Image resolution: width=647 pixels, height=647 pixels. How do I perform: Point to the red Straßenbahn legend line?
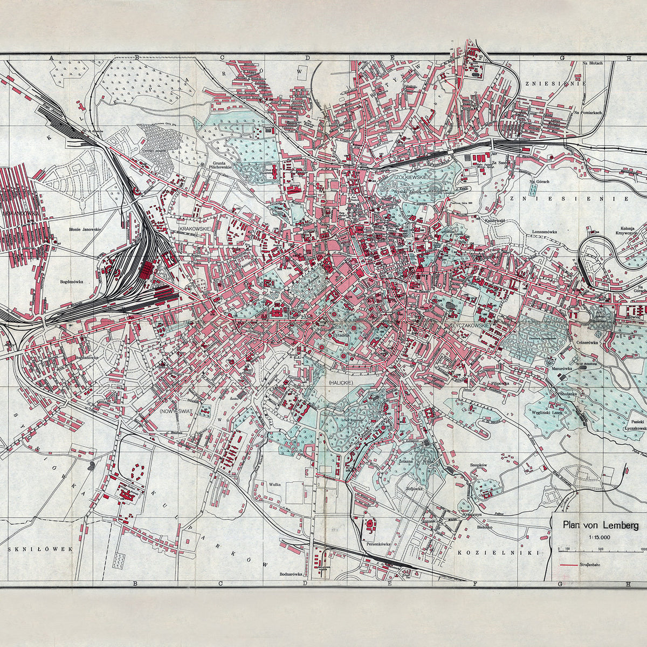click(x=571, y=565)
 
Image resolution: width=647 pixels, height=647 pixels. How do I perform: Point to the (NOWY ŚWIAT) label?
click(x=177, y=411)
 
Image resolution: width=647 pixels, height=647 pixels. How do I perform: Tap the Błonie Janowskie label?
click(x=86, y=229)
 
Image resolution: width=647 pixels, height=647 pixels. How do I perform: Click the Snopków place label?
click(x=478, y=465)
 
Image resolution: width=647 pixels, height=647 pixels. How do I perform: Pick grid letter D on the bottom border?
click(x=306, y=583)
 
